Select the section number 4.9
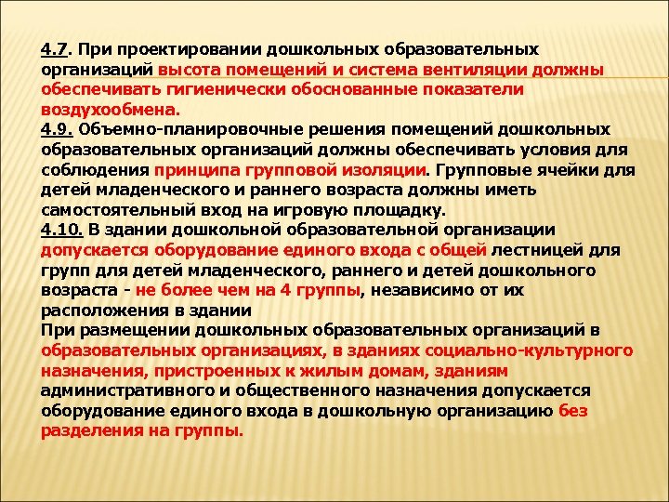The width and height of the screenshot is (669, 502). [x=54, y=129]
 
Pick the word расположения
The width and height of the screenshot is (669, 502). [x=93, y=310]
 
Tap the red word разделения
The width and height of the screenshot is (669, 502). [x=89, y=431]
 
